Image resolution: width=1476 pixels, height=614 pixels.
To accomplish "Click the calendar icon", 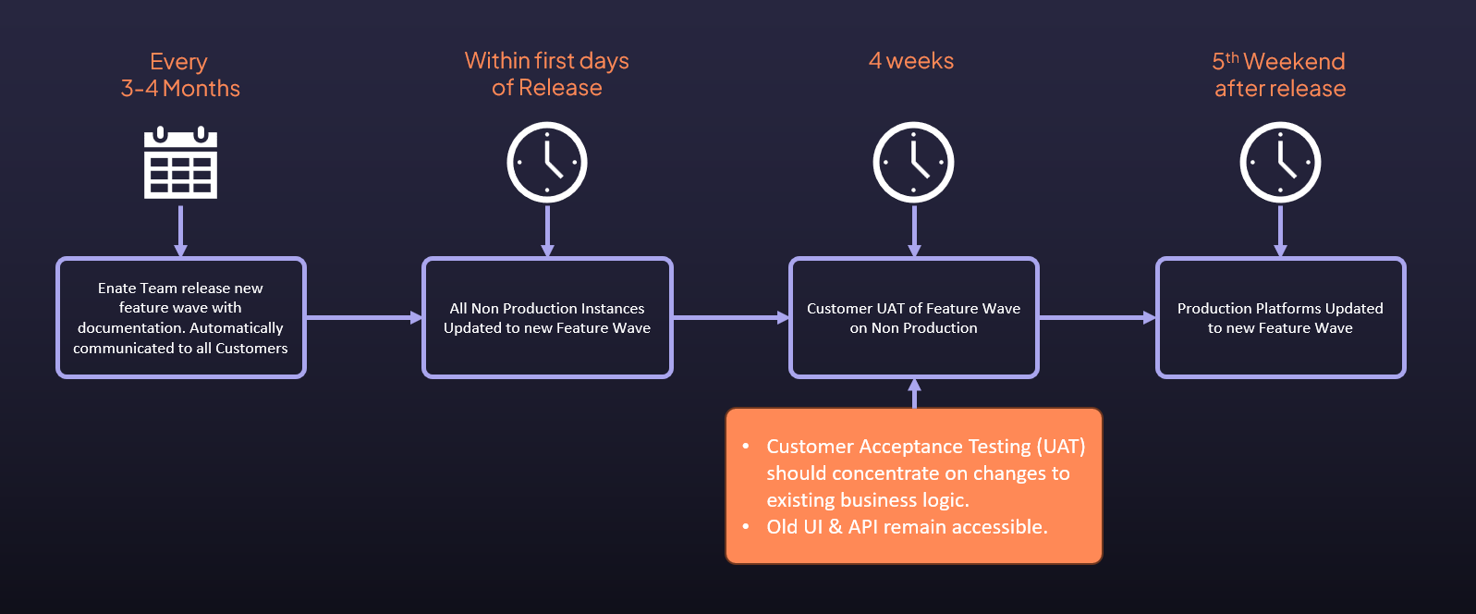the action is click(x=180, y=163).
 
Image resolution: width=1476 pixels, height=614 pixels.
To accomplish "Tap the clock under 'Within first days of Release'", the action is click(x=547, y=163).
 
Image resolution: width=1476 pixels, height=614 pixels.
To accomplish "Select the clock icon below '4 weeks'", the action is click(x=914, y=163).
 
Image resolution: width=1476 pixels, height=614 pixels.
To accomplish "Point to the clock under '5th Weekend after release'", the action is click(x=1280, y=163).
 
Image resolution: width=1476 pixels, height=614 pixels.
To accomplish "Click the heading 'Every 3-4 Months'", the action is click(x=180, y=75).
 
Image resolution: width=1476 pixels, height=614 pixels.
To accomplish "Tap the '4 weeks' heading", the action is click(x=911, y=61).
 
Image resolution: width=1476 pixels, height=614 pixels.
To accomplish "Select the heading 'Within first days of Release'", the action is click(x=547, y=74).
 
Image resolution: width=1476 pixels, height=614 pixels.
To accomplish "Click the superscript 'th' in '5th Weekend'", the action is click(x=1232, y=57).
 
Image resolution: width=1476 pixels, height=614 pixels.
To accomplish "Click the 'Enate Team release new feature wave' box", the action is click(x=181, y=317).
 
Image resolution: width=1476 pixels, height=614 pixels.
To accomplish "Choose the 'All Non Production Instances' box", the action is click(x=547, y=317).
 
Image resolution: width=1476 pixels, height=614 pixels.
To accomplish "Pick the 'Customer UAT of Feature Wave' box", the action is click(x=914, y=317).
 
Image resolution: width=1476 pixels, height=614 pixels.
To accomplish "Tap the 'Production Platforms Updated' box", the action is click(x=1280, y=317).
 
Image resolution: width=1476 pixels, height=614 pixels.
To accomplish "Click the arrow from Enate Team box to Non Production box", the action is click(x=364, y=317).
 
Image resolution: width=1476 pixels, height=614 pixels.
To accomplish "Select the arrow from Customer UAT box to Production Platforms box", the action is click(x=1098, y=317).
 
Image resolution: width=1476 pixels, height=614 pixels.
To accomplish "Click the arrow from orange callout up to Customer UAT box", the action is click(x=915, y=393).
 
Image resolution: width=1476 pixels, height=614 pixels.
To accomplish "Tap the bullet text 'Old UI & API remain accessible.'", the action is click(x=908, y=527).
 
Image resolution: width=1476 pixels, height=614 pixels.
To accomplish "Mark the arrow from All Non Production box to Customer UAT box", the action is click(x=731, y=317).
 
